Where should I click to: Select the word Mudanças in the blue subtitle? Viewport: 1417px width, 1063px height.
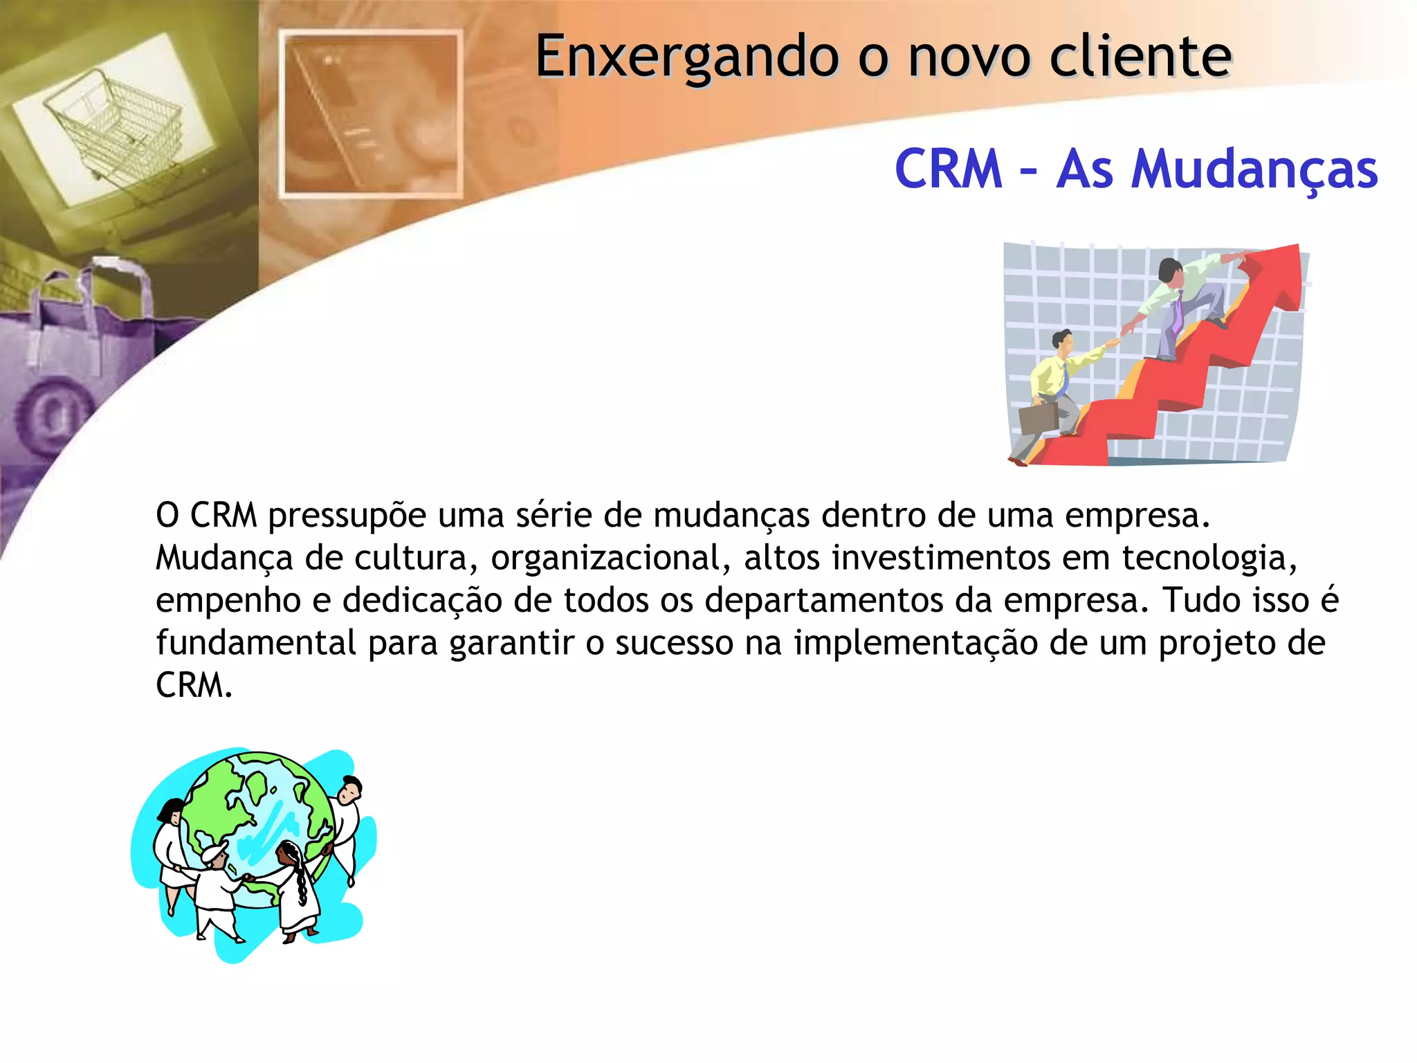tap(1254, 170)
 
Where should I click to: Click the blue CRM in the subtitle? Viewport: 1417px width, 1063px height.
tap(949, 169)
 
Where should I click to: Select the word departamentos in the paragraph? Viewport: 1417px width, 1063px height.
tap(824, 601)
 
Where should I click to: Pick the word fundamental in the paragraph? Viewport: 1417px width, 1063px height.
tap(256, 643)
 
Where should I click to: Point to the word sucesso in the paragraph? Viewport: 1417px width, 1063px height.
tap(674, 643)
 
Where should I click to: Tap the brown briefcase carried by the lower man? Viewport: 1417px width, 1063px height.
tap(1038, 417)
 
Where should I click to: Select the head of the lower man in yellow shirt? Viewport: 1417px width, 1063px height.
tap(1062, 340)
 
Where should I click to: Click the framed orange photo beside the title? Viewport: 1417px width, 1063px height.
tap(371, 114)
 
